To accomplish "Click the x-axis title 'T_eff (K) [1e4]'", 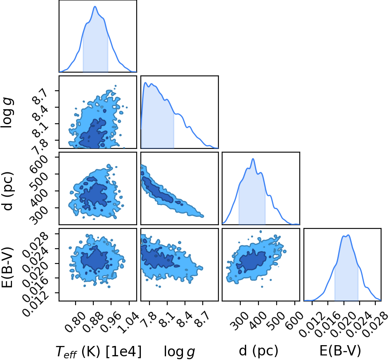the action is pyautogui.click(x=99, y=351).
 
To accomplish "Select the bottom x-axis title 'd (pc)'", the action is pyautogui.click(x=258, y=351).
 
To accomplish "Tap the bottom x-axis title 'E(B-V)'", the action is pyautogui.click(x=340, y=351).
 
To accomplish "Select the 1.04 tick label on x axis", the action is pyautogui.click(x=129, y=323).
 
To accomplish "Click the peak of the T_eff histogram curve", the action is pyautogui.click(x=95, y=7).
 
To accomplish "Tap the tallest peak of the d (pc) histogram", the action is pyautogui.click(x=253, y=159).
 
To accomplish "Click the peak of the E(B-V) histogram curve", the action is pyautogui.click(x=348, y=235).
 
